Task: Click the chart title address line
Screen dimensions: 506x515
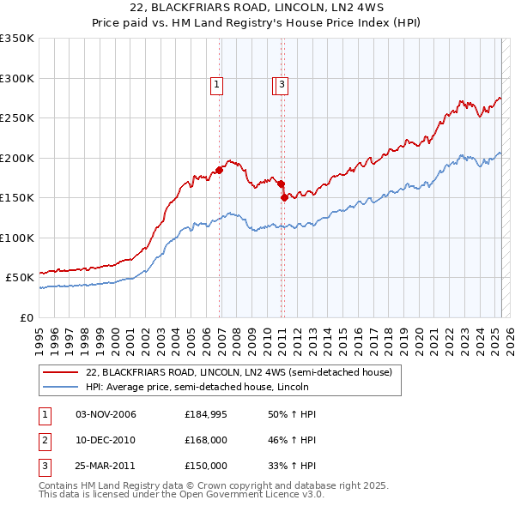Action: pos(257,9)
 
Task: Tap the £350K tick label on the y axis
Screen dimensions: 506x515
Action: pos(17,39)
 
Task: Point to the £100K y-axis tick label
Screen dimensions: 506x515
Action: pos(17,238)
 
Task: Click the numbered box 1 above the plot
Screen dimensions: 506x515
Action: pos(217,84)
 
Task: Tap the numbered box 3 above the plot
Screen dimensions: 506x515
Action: pos(282,84)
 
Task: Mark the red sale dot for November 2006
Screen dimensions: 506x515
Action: pos(219,170)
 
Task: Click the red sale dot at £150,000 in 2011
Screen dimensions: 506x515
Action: pos(284,197)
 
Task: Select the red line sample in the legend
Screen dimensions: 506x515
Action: pos(59,372)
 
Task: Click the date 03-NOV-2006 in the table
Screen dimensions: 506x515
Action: pos(106,414)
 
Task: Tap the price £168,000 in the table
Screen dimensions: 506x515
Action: pos(206,440)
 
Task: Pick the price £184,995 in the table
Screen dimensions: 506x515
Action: pos(206,414)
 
